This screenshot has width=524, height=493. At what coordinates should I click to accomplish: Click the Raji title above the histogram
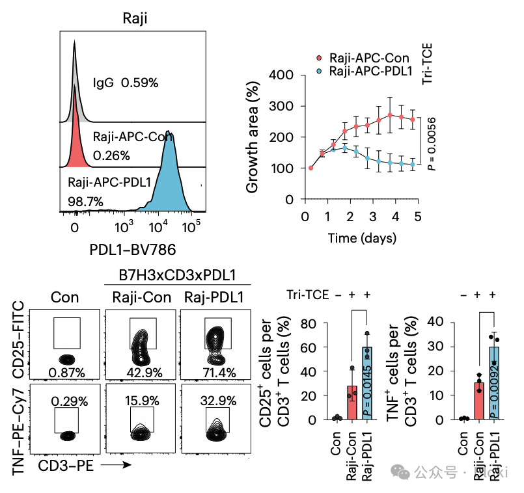point(135,19)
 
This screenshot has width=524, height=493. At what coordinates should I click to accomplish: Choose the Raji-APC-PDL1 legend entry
point(366,71)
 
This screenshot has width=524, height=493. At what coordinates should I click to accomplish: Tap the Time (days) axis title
point(362,238)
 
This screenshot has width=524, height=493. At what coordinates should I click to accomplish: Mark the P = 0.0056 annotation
point(430,144)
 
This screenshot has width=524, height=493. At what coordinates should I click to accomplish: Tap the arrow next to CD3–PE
point(117,464)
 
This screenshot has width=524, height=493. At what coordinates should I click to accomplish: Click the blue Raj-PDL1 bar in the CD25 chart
point(367,384)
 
